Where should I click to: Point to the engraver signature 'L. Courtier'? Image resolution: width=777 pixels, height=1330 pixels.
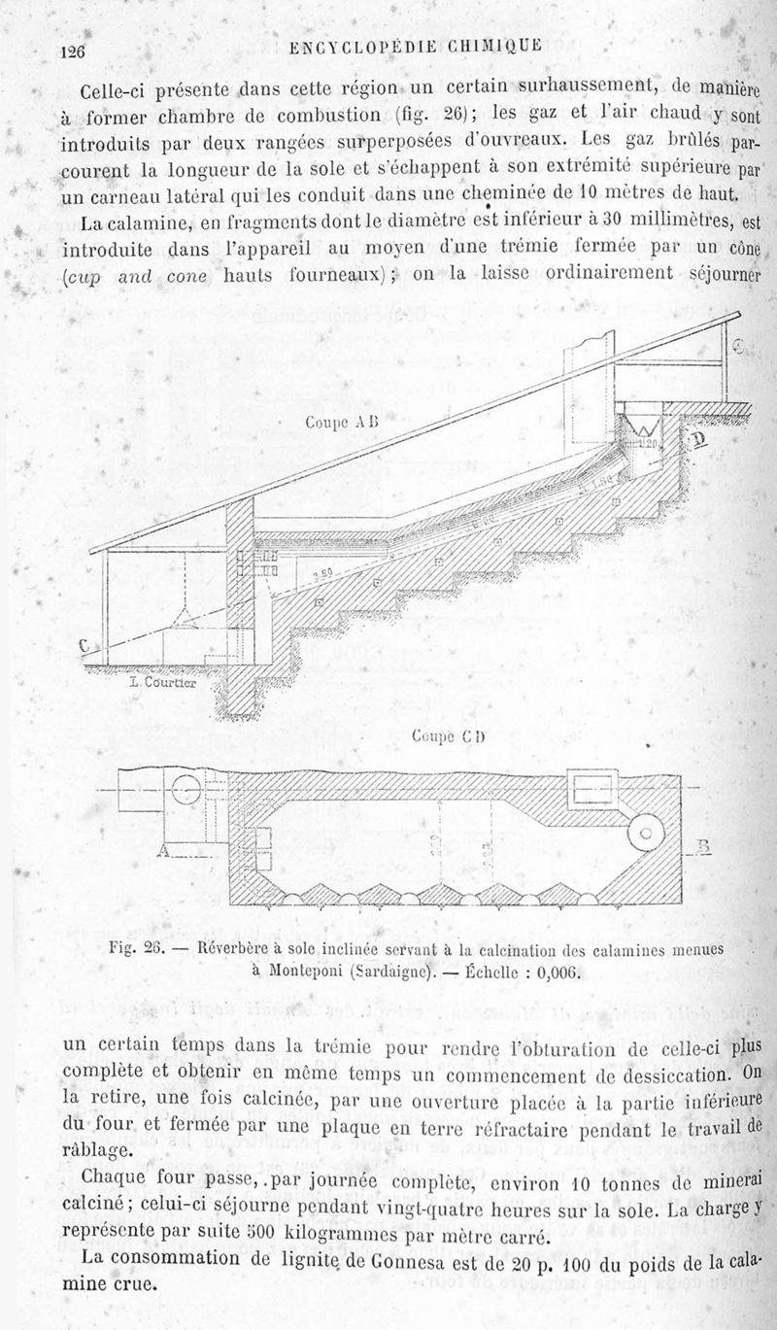(162, 681)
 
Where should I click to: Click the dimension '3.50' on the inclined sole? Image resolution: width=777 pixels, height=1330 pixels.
(324, 572)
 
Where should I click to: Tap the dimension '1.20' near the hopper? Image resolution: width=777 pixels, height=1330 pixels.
(649, 444)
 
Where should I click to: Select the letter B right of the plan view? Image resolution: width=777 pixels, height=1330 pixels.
(706, 847)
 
